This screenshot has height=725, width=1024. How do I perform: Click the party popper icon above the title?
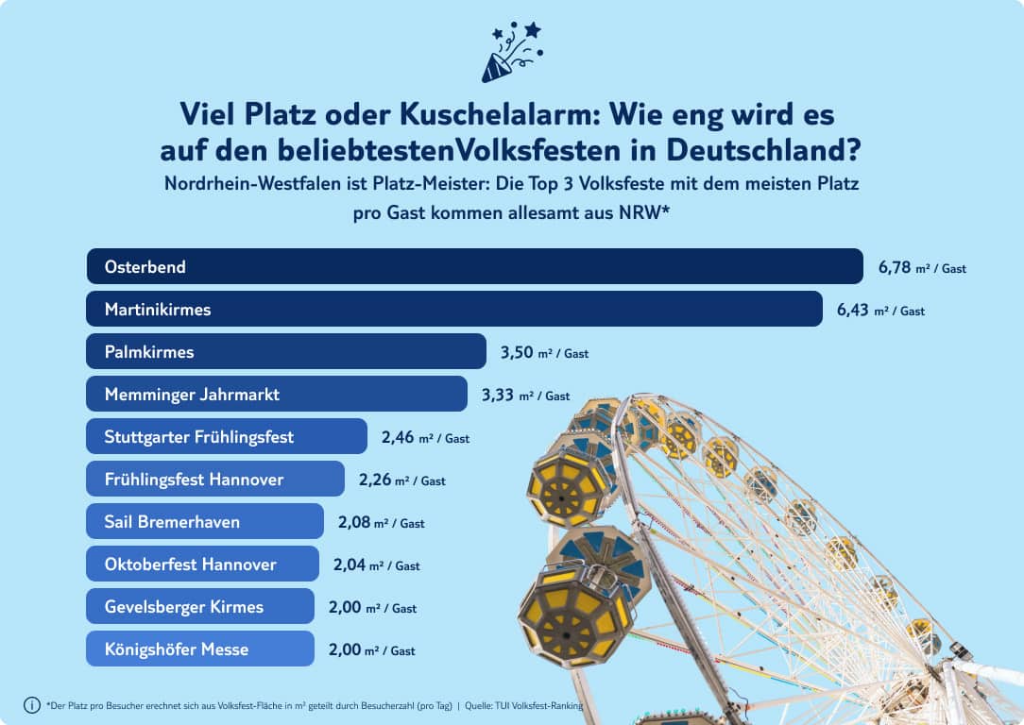(511, 52)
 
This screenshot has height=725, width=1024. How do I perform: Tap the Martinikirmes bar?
(453, 309)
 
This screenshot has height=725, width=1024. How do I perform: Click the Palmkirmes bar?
(285, 351)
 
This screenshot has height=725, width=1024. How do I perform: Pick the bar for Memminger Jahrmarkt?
(276, 394)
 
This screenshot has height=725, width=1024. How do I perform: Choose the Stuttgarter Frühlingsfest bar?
(226, 436)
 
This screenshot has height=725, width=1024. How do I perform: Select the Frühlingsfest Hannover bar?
(214, 479)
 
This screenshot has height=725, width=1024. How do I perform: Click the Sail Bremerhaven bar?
(204, 521)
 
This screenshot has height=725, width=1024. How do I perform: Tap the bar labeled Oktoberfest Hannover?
(202, 564)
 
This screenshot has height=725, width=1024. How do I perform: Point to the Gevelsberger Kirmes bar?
(199, 606)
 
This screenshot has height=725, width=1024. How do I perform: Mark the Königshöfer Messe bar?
(199, 649)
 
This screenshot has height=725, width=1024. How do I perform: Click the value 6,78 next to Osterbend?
(895, 267)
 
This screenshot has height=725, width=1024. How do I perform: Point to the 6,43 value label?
(853, 310)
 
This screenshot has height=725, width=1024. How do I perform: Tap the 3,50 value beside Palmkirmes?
(517, 352)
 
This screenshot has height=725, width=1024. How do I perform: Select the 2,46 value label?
(398, 437)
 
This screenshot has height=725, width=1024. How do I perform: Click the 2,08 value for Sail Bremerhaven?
(353, 522)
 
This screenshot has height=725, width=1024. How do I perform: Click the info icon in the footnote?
(32, 705)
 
